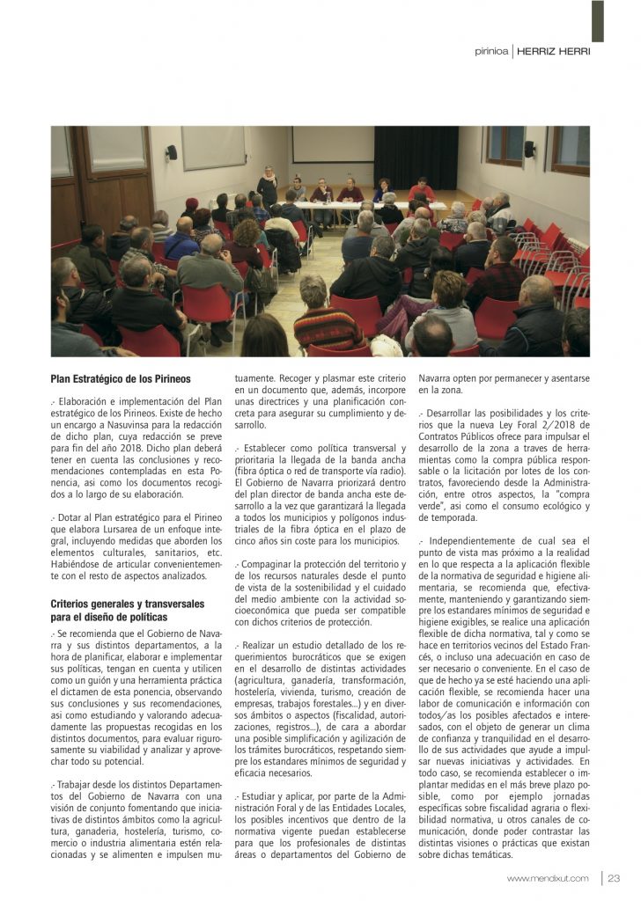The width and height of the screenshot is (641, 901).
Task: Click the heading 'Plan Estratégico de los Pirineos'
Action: point(121,379)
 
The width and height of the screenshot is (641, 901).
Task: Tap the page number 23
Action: point(614,878)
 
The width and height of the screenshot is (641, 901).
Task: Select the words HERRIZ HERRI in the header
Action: point(554,51)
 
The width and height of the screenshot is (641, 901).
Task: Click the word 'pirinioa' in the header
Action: point(491,51)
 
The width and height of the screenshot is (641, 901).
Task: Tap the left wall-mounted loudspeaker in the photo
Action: point(171,152)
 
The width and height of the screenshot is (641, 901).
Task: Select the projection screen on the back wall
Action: point(333,144)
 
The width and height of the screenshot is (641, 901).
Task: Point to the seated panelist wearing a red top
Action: point(422,191)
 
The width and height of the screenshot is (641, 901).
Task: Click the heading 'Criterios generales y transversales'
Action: point(128,604)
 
